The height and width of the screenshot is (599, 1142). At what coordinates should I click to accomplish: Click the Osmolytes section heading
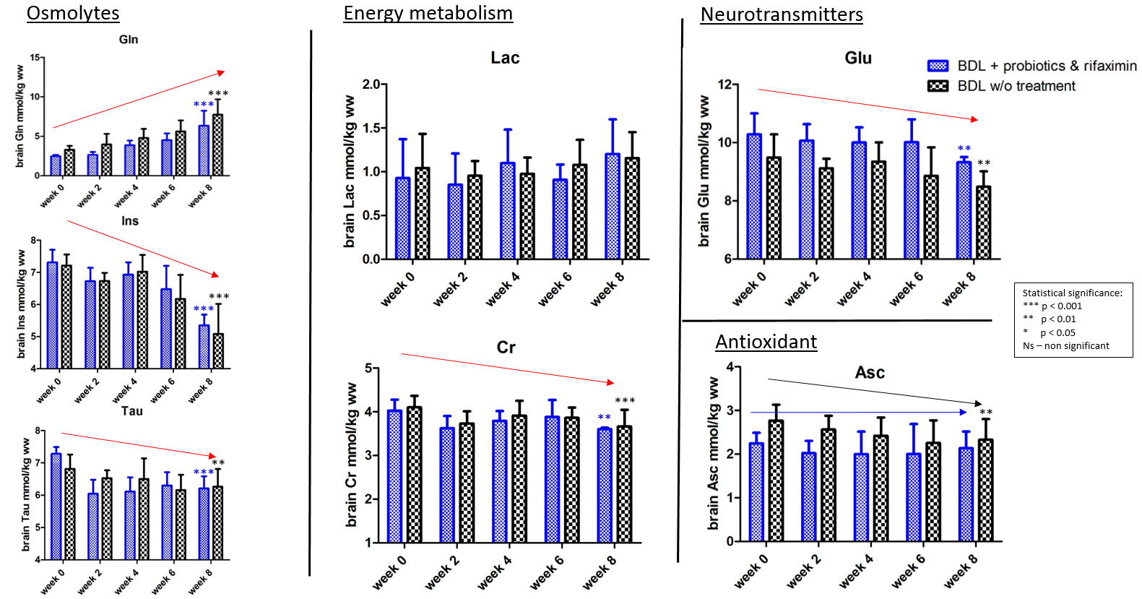pyautogui.click(x=73, y=13)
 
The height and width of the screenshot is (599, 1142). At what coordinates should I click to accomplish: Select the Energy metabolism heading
pyautogui.click(x=428, y=13)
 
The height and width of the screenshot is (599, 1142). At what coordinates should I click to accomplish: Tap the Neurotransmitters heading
pyautogui.click(x=782, y=14)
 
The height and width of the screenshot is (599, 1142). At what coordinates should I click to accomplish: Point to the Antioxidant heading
pyautogui.click(x=766, y=342)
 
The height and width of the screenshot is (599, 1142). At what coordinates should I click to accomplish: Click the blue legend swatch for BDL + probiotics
pyautogui.click(x=938, y=66)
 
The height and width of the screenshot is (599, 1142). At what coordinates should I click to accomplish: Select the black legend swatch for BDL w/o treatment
pyautogui.click(x=938, y=86)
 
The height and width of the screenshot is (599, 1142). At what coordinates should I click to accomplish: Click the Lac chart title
pyautogui.click(x=505, y=58)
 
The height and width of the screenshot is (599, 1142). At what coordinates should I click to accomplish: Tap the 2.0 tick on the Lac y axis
pyautogui.click(x=371, y=85)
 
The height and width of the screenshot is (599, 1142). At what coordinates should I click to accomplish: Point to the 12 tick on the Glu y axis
pyautogui.click(x=724, y=85)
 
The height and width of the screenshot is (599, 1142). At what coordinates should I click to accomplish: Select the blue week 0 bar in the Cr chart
pyautogui.click(x=394, y=476)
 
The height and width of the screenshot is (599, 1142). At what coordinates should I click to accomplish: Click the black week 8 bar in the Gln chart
pyautogui.click(x=217, y=145)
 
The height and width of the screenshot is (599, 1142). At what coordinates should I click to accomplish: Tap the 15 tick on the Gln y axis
pyautogui.click(x=35, y=58)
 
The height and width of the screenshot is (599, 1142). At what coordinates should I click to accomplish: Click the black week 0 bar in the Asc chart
pyautogui.click(x=776, y=481)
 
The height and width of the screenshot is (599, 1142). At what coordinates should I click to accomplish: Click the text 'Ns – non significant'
pyautogui.click(x=1065, y=345)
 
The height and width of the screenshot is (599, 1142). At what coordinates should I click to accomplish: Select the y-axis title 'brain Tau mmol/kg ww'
pyautogui.click(x=26, y=494)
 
